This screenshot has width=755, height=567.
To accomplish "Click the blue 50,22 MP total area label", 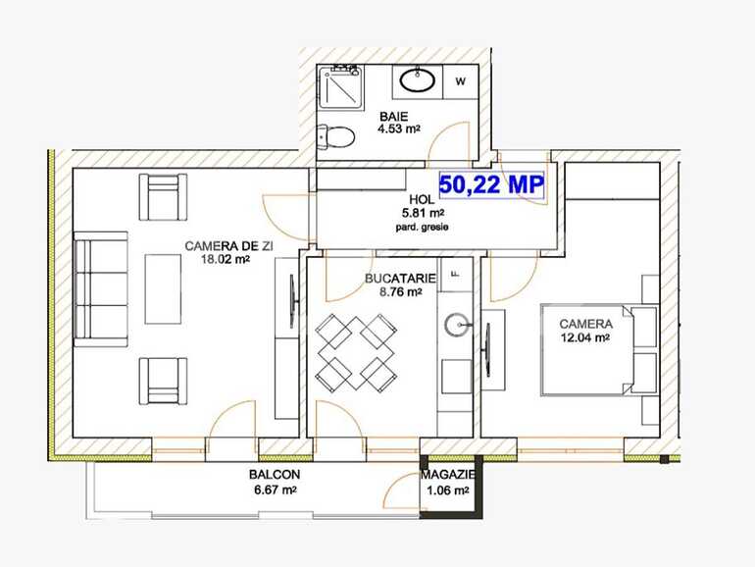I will pyautogui.click(x=491, y=183).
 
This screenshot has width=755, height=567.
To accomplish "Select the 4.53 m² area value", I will pyautogui.click(x=399, y=128).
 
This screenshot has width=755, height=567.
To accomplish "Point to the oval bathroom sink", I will pyautogui.click(x=422, y=79).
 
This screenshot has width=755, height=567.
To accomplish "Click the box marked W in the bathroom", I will pyautogui.click(x=461, y=80).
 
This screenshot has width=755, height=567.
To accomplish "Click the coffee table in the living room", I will pyautogui.click(x=162, y=288).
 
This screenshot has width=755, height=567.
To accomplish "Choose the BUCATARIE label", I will pyautogui.click(x=393, y=279).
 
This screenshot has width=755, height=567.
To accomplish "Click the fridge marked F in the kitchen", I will pyautogui.click(x=454, y=273).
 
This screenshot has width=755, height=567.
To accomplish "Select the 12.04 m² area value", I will pyautogui.click(x=585, y=337).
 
